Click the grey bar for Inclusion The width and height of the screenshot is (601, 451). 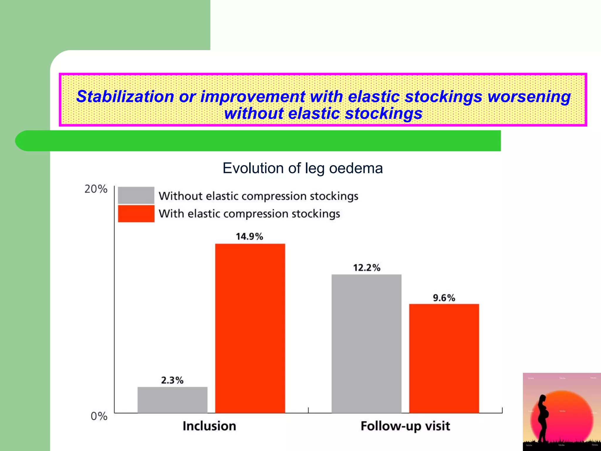[x=172, y=400]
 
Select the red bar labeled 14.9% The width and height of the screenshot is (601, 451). [x=250, y=328]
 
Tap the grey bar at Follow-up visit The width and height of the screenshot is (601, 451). [x=366, y=344]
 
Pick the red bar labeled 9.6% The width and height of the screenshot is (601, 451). [x=444, y=358]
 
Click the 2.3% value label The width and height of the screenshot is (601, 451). [x=172, y=380]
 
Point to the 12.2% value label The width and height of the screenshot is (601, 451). [x=367, y=267]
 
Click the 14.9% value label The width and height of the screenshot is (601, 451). [x=249, y=236]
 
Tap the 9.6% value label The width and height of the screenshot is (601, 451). [x=444, y=298]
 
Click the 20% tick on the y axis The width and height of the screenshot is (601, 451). [x=96, y=189]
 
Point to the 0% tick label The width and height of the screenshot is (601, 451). [x=99, y=416]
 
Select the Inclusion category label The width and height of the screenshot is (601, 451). [x=209, y=426]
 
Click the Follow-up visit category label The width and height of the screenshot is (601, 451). [x=405, y=426]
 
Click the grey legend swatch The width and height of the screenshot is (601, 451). [x=136, y=195]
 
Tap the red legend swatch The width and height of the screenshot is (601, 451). [x=136, y=213]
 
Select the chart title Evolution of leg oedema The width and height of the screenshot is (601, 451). [x=303, y=168]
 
